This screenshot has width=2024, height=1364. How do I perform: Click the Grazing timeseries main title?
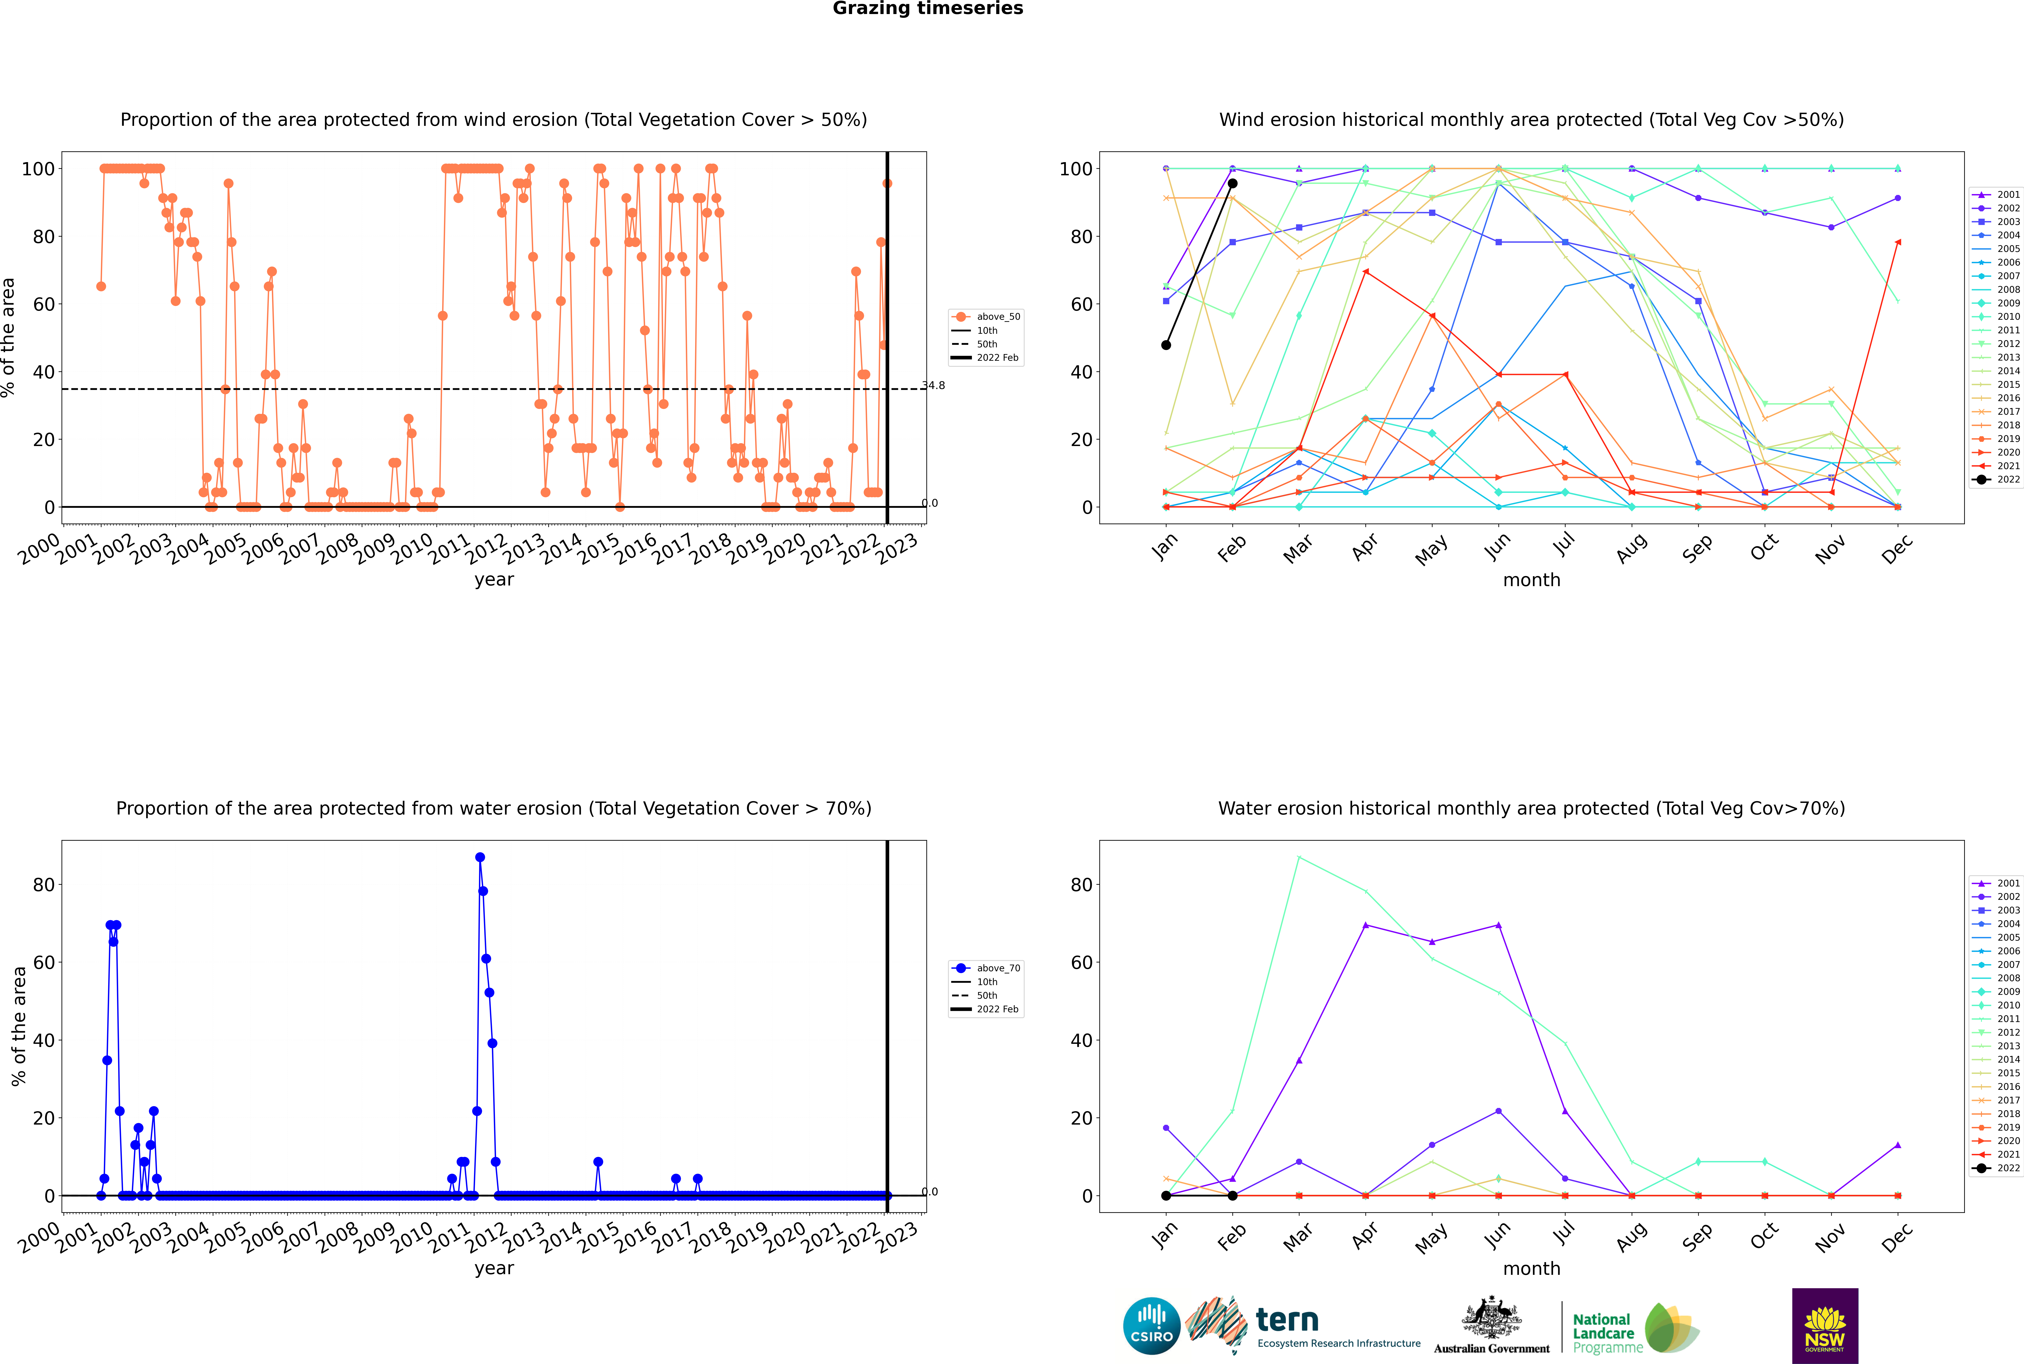coord(928,9)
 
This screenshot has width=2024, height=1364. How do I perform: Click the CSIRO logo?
coord(1151,1326)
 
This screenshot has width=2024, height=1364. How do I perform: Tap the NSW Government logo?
coord(1825,1326)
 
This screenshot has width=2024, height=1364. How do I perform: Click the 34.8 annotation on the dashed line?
coord(933,385)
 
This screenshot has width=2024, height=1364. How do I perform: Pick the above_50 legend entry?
coord(986,317)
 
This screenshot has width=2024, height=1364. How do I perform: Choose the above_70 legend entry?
coord(986,968)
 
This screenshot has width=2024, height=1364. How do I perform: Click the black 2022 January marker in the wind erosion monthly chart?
coord(1166,345)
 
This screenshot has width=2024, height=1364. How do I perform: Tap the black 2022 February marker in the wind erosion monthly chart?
coord(1232,184)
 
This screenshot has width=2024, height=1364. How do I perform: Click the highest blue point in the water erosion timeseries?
coord(479,858)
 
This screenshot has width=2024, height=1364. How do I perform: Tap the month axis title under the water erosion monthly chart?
coord(1531,1268)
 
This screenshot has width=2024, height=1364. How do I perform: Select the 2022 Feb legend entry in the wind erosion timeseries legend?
coord(986,358)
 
